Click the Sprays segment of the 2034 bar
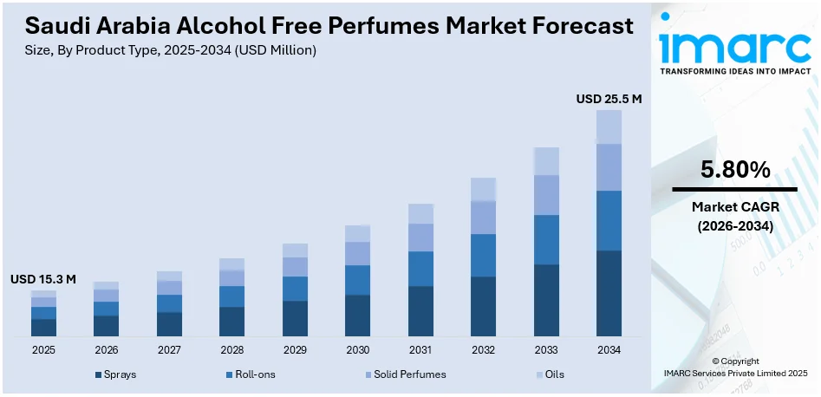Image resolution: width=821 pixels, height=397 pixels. pyautogui.click(x=609, y=293)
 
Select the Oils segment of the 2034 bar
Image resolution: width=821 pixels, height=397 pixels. pyautogui.click(x=609, y=127)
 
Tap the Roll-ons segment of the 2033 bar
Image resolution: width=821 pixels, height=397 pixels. pyautogui.click(x=546, y=239)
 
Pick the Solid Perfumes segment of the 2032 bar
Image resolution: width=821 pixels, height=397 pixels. pyautogui.click(x=483, y=218)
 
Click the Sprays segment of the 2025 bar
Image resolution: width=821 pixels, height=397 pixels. pyautogui.click(x=43, y=327)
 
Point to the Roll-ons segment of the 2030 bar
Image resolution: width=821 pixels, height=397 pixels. pyautogui.click(x=357, y=280)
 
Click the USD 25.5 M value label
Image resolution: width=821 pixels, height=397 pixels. pyautogui.click(x=609, y=100)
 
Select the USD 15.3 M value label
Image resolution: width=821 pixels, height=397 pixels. pyautogui.click(x=43, y=279)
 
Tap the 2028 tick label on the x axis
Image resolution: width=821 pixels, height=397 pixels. pyautogui.click(x=231, y=350)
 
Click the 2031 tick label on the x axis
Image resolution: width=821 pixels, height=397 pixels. pyautogui.click(x=420, y=350)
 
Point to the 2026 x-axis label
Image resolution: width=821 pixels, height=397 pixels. pyautogui.click(x=106, y=350)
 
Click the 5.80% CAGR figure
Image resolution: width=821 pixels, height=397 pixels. pyautogui.click(x=735, y=171)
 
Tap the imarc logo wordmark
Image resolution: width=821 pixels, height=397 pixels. pyautogui.click(x=735, y=45)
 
